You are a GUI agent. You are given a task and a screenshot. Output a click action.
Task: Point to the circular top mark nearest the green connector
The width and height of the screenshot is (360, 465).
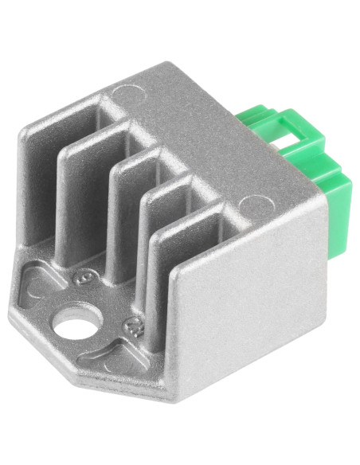pyautogui.click(x=248, y=205)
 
